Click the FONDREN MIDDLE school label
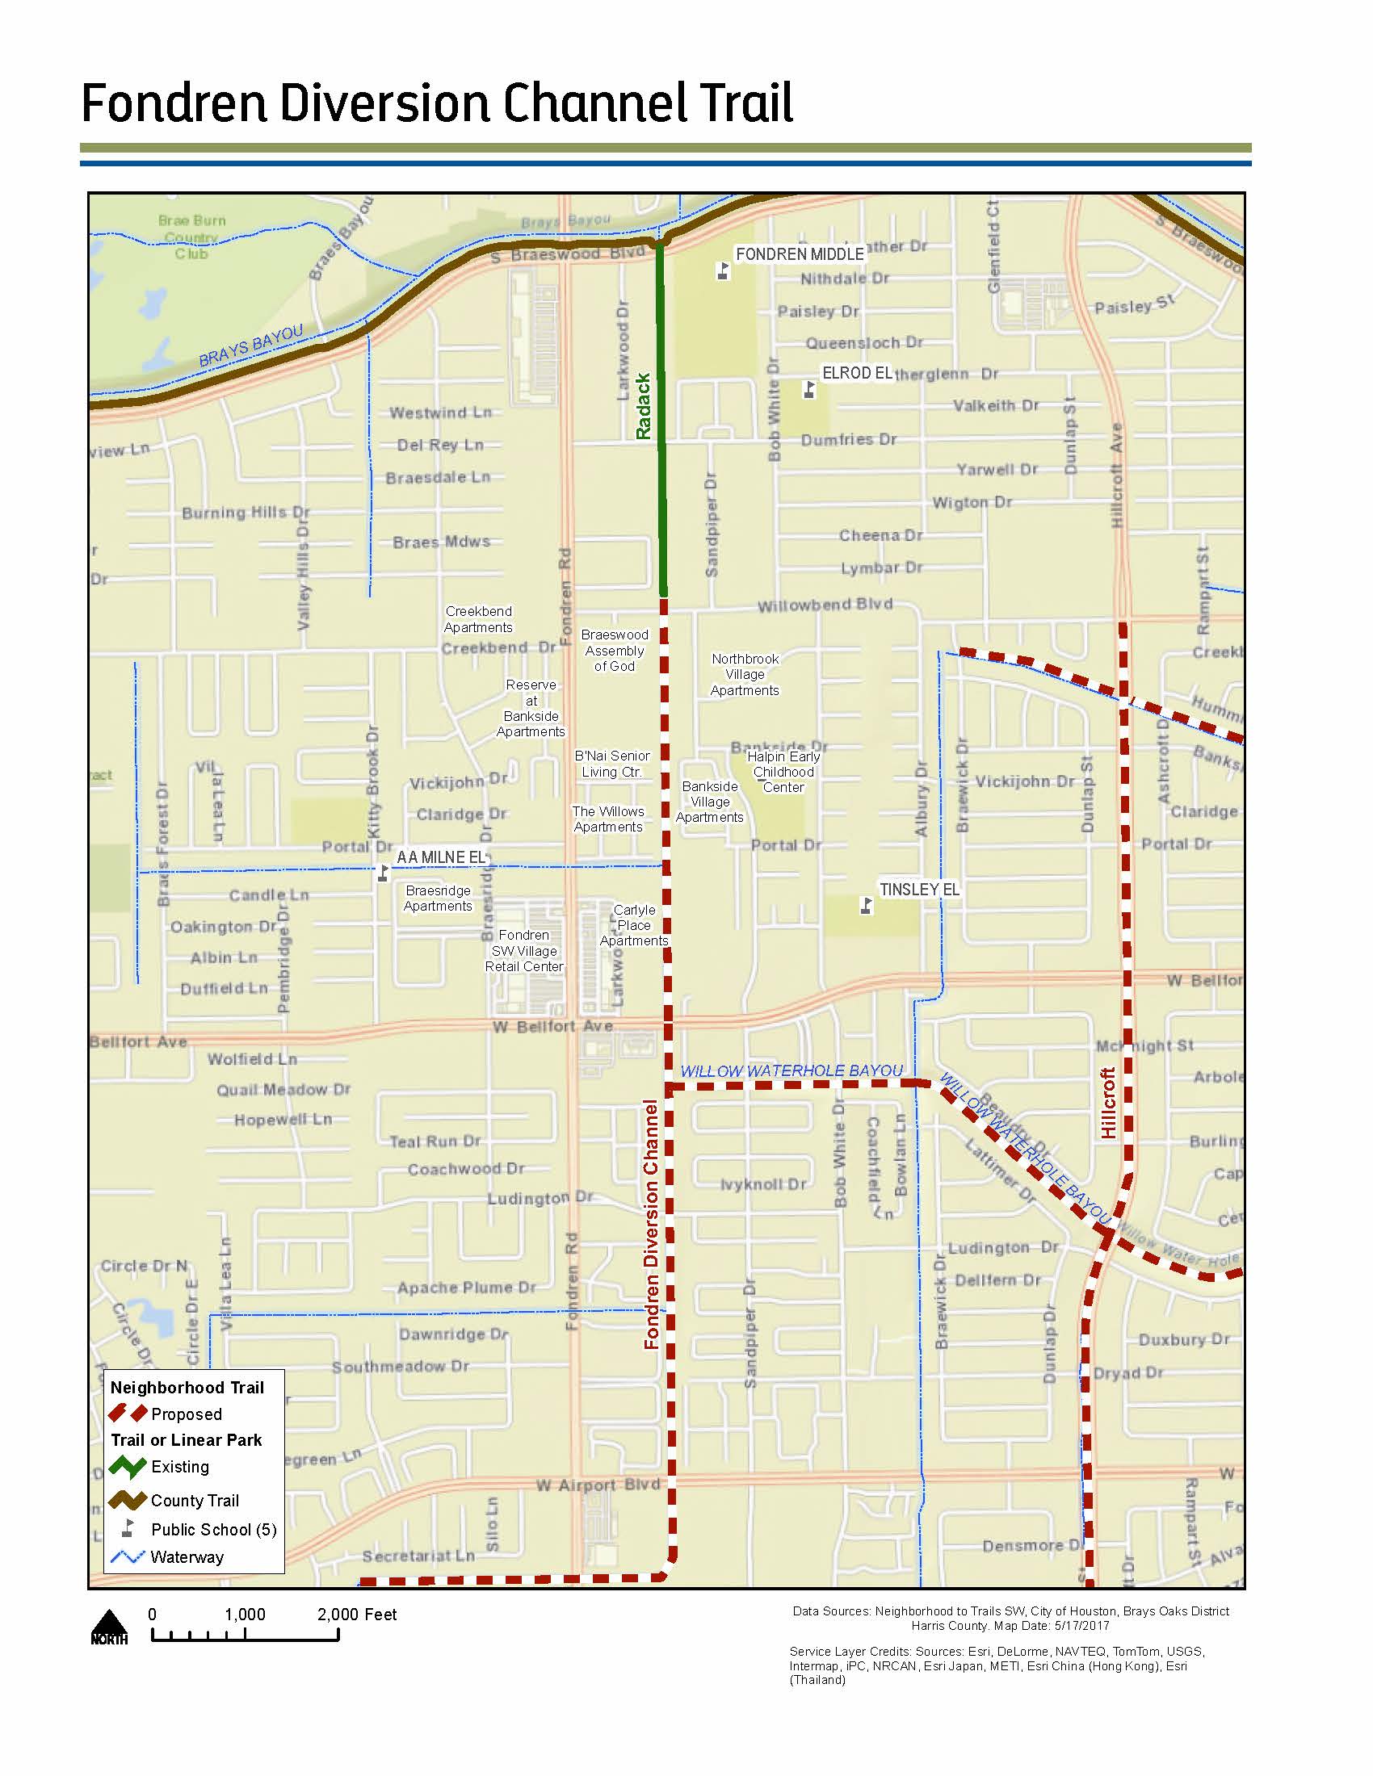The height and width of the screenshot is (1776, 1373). pyautogui.click(x=799, y=254)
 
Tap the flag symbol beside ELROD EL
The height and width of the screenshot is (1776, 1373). pyautogui.click(x=808, y=390)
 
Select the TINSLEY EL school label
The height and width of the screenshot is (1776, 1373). pyautogui.click(x=919, y=890)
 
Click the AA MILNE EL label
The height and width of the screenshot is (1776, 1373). pyautogui.click(x=441, y=857)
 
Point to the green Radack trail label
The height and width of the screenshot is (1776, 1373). pyautogui.click(x=644, y=407)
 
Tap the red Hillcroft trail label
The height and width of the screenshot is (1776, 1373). pyautogui.click(x=1108, y=1103)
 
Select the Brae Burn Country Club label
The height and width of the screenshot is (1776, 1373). pyautogui.click(x=192, y=237)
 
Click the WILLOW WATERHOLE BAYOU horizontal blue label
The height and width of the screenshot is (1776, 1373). pyautogui.click(x=791, y=1071)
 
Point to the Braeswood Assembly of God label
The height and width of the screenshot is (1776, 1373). pyautogui.click(x=614, y=651)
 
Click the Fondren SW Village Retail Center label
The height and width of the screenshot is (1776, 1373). pyautogui.click(x=524, y=951)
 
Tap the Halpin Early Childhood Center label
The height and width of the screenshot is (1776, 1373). pyautogui.click(x=783, y=772)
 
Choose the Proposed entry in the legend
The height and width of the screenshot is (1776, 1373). pyautogui.click(x=186, y=1414)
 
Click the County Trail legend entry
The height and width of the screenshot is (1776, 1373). pyautogui.click(x=195, y=1501)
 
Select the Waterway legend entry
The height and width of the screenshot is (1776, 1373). pyautogui.click(x=187, y=1557)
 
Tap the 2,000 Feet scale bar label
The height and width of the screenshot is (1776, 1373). pyautogui.click(x=356, y=1615)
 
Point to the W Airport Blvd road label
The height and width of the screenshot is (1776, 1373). pyautogui.click(x=598, y=1485)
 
